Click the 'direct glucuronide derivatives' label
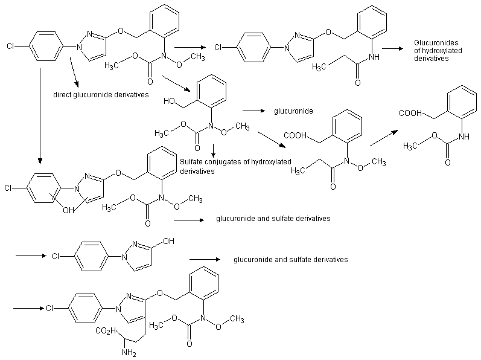click(101, 95)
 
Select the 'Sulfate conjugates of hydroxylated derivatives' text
click(235, 166)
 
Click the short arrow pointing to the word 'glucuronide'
click(254, 111)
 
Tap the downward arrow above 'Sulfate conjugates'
click(213, 150)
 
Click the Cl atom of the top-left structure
click(11, 45)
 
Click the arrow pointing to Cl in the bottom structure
click(28, 308)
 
